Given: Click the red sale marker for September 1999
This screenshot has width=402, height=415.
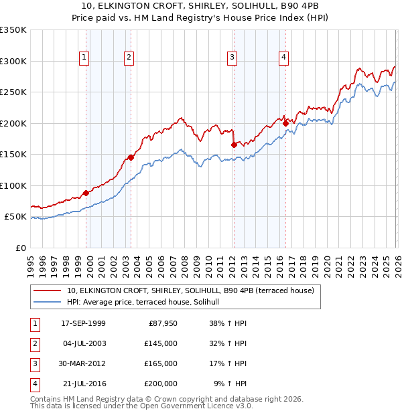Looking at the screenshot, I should click(x=86, y=193).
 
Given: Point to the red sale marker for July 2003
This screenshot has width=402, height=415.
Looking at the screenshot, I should click(x=131, y=157).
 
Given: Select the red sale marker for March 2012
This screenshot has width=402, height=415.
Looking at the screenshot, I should click(x=234, y=145).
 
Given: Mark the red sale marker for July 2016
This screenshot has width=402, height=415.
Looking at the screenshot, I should click(x=285, y=123).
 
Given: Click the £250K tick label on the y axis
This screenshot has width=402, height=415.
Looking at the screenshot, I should click(x=13, y=92).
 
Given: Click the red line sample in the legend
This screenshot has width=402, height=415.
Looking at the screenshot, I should click(x=48, y=290).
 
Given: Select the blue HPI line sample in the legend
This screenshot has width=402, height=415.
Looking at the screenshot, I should click(x=48, y=302).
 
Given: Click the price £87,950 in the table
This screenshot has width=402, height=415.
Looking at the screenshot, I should click(x=161, y=323).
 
